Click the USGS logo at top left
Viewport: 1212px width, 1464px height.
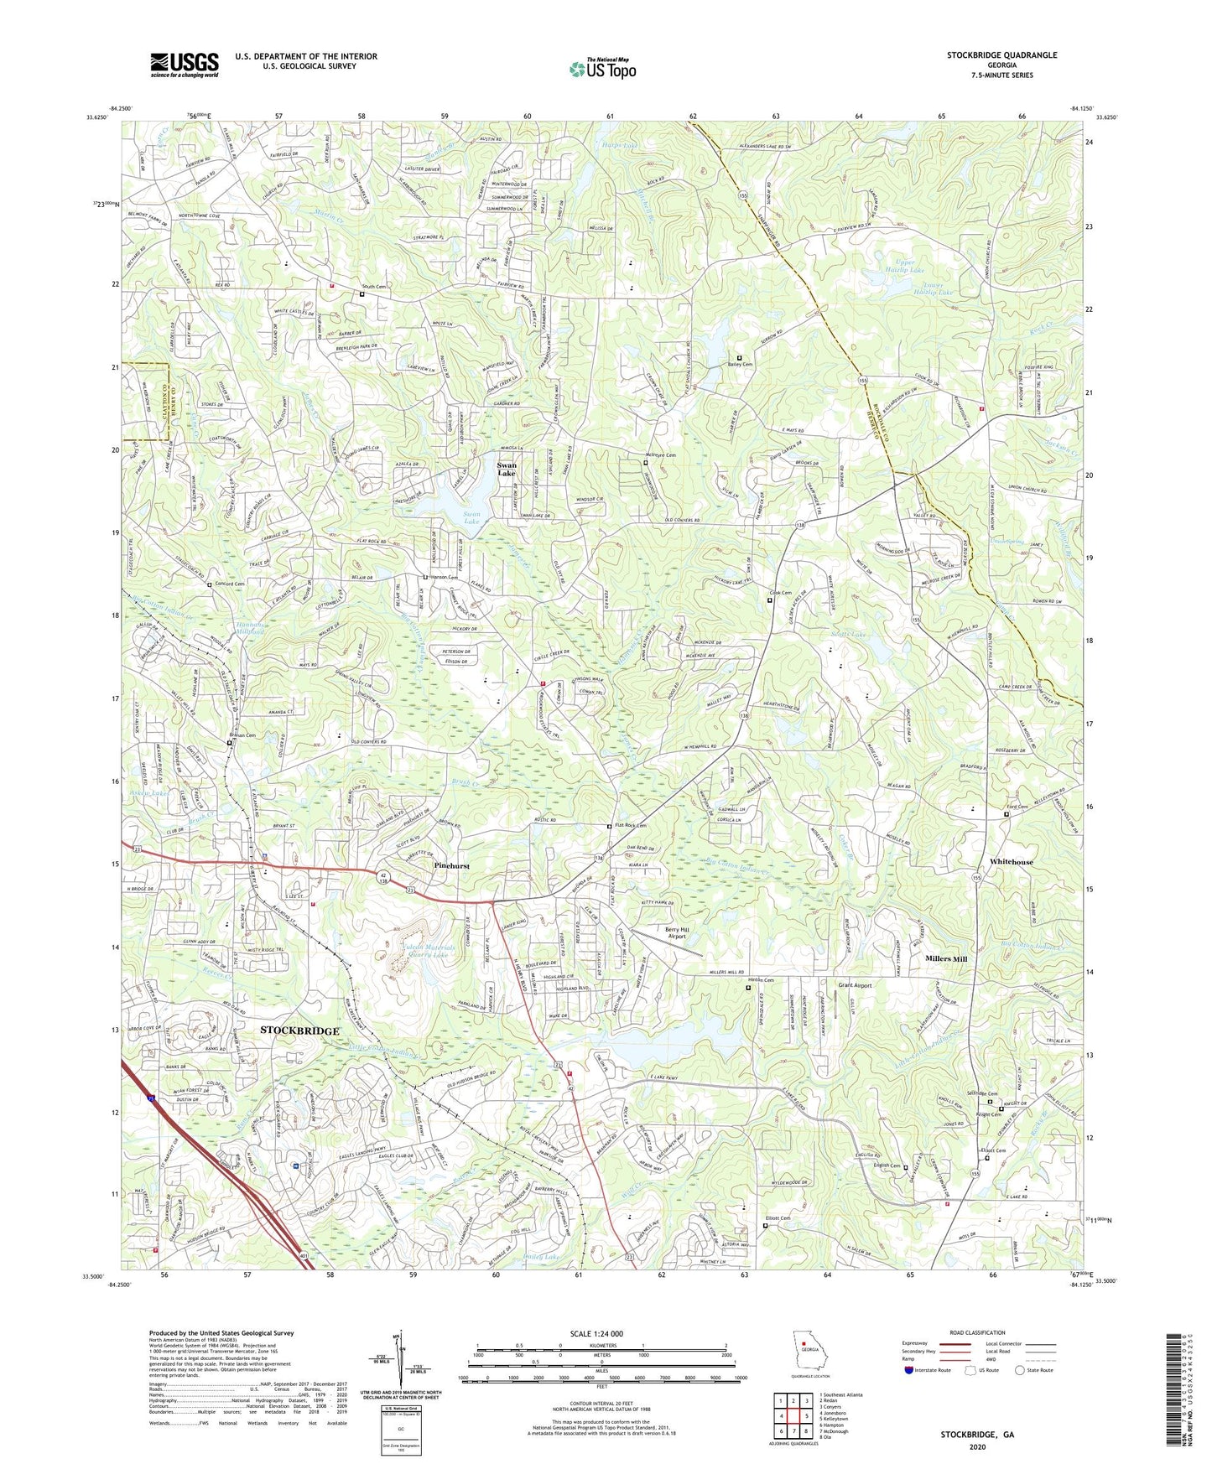(x=185, y=65)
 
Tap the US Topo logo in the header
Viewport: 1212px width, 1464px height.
(x=601, y=70)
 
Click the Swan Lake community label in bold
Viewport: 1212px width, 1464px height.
(x=507, y=469)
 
